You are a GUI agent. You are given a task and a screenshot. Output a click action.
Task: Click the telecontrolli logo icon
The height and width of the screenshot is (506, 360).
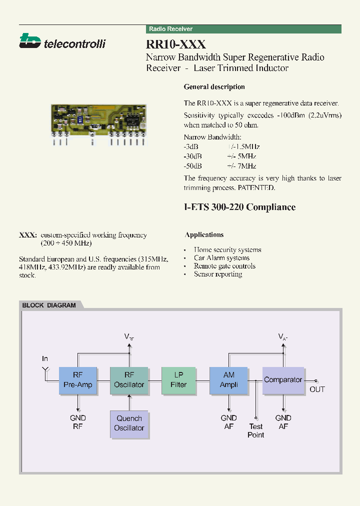tap(29, 41)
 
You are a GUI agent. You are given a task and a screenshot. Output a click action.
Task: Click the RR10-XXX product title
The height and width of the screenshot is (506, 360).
tap(176, 45)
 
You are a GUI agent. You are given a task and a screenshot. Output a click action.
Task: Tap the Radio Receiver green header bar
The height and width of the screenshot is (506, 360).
tap(244, 29)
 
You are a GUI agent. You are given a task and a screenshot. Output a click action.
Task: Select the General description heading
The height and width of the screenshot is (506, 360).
tap(214, 87)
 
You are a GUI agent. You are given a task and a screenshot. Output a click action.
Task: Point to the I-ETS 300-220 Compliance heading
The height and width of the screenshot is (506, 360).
tap(239, 207)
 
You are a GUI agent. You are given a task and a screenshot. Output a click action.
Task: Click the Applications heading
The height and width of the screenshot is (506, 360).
tap(204, 234)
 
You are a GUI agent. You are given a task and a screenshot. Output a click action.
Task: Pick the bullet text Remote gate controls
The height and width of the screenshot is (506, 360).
tap(224, 266)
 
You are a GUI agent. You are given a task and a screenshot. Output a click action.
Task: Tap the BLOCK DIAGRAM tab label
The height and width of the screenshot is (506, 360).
tap(49, 305)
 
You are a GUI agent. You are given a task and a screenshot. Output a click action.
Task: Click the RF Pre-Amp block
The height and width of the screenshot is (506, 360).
tap(78, 380)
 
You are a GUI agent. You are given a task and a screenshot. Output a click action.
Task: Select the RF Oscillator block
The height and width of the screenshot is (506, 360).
tap(129, 380)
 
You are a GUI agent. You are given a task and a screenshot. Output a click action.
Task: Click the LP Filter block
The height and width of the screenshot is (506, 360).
tap(178, 380)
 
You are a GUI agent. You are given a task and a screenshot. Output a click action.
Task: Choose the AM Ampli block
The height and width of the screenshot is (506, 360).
tap(229, 380)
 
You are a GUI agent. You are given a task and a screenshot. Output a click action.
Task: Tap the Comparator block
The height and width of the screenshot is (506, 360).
tap(283, 380)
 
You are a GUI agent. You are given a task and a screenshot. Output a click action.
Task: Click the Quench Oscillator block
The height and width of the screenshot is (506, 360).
tap(129, 423)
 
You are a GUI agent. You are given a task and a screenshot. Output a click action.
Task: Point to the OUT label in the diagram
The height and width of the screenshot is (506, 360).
tap(317, 389)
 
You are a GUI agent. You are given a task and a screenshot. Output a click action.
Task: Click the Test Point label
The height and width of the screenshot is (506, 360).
tap(255, 430)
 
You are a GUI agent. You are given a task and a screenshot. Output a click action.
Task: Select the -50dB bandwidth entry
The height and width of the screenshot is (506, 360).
tap(192, 166)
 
